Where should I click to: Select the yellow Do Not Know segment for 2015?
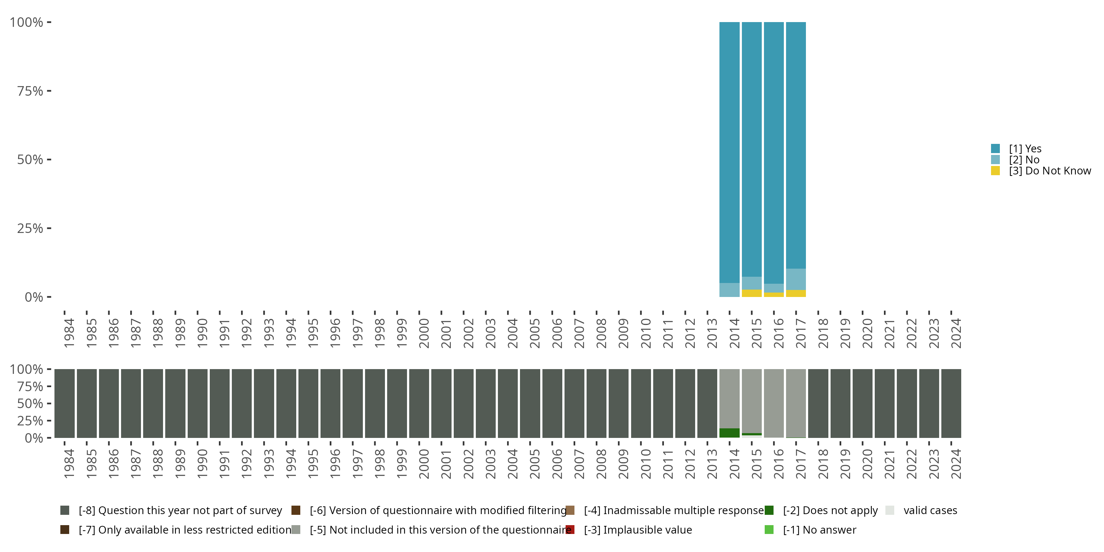pos(752,293)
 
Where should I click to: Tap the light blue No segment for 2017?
pos(796,279)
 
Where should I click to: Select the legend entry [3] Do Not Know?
pos(1049,171)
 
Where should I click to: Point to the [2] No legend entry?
pos(1024,160)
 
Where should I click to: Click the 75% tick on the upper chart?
pos(49,91)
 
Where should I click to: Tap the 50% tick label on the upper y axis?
pos(30,160)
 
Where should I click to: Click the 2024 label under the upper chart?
pos(956,333)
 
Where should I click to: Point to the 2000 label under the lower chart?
pos(424,464)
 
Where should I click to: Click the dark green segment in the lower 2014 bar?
pos(729,433)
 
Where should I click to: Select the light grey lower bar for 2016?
pos(774,403)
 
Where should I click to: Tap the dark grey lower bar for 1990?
pos(198,403)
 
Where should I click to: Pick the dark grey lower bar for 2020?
pos(862,403)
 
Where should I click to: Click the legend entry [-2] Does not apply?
pos(830,510)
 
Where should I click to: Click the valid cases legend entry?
pos(930,510)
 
